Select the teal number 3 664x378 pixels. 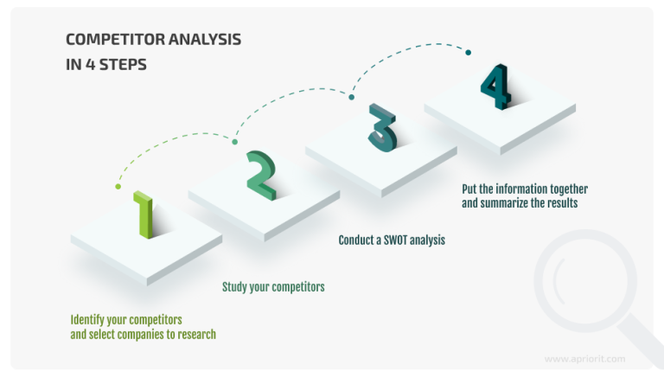381,129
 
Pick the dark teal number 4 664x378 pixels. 495,86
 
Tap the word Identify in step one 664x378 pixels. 90,319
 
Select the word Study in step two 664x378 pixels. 236,287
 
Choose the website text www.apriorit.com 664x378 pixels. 584,358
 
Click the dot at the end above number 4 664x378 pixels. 469,53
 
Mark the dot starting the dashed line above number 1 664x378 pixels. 118,186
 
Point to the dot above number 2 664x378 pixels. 234,140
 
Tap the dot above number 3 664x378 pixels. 352,97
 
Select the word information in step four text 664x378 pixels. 527,189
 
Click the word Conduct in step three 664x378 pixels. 358,240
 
